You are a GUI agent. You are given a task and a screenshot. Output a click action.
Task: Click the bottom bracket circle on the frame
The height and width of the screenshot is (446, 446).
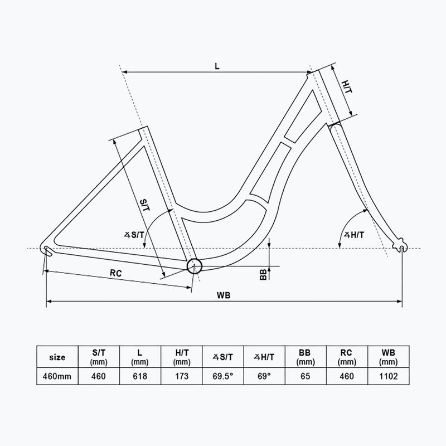point(193,266)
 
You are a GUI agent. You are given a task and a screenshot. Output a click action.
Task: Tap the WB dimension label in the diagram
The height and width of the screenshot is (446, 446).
point(225,294)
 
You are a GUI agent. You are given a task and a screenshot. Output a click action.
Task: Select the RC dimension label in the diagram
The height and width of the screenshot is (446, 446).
point(115,274)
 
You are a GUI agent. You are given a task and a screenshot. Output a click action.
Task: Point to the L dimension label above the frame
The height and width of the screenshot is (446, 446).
point(217,65)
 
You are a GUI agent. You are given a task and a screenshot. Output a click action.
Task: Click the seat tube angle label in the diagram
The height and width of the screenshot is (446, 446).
point(134,235)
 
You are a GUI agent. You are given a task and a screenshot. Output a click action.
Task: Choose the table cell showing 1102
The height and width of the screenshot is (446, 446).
point(389,376)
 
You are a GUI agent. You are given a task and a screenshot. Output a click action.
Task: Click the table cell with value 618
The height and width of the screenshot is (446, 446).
point(140,376)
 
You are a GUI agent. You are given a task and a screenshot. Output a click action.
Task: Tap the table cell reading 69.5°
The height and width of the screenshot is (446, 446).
point(223,376)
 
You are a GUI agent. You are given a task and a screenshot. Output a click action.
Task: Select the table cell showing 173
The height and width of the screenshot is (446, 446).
point(181,376)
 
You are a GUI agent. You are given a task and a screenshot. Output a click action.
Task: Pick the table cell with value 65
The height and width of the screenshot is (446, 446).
point(306,376)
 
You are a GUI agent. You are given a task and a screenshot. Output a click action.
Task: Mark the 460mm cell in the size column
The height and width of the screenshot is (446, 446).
point(57,376)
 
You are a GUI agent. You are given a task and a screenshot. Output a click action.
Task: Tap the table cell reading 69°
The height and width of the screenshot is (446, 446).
point(264,376)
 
